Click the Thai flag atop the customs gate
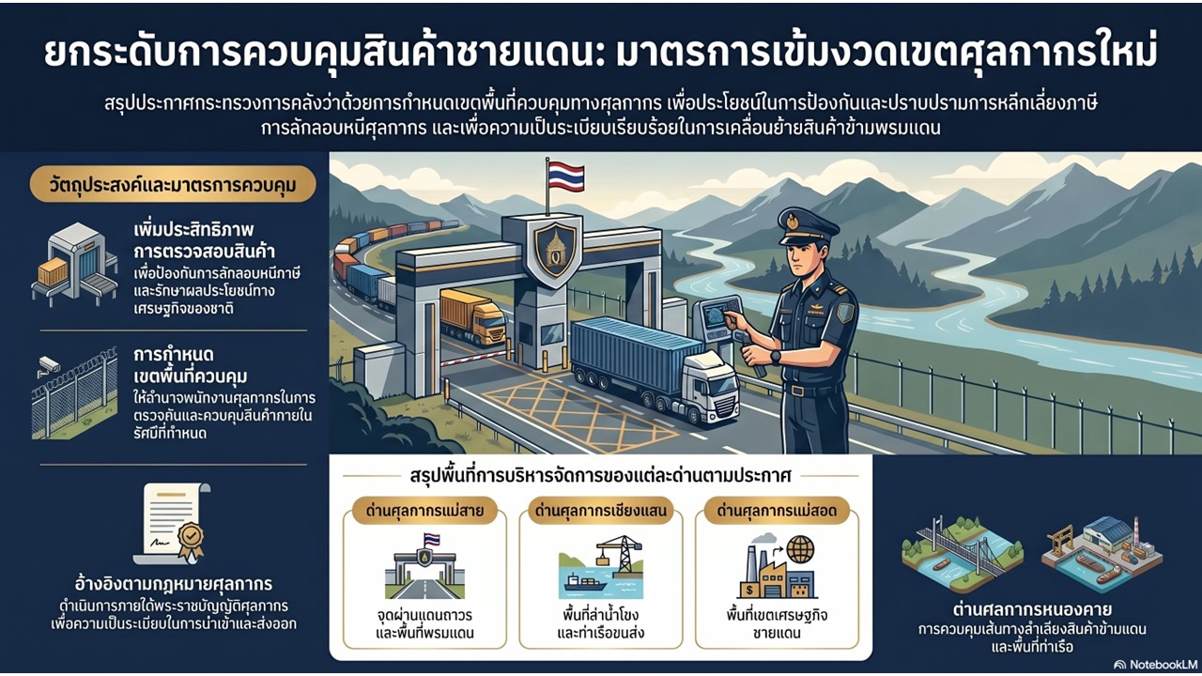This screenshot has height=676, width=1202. [565, 176]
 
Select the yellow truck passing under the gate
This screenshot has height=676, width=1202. [472, 317]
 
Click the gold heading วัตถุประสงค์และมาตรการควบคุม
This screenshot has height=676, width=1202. [173, 185]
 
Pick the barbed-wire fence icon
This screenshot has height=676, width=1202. [74, 396]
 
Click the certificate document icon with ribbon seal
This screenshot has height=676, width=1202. [173, 524]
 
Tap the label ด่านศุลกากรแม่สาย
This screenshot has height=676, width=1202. [424, 511]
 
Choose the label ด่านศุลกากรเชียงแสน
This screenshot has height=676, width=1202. [600, 511]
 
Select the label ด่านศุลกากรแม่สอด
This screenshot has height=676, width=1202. [777, 511]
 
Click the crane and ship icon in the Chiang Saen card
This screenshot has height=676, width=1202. [600, 566]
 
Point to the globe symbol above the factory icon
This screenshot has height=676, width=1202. [800, 549]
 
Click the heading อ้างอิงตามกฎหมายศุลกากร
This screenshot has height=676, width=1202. [174, 584]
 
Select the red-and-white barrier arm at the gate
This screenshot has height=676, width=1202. [475, 359]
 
